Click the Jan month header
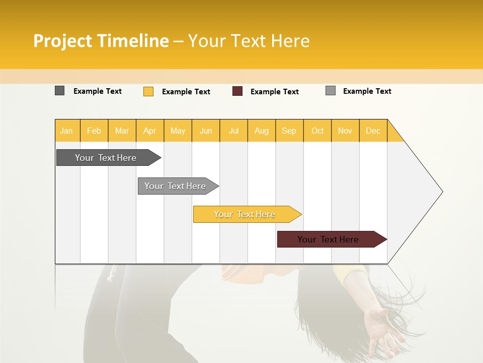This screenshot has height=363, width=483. [66, 131]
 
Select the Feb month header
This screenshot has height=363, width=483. [94, 131]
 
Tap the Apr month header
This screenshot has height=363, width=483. [150, 131]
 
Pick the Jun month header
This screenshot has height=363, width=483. [206, 131]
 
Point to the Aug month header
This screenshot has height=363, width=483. [262, 131]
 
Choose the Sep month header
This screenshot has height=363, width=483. [289, 131]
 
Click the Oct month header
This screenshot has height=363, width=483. [317, 131]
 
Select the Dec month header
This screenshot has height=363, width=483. [373, 131]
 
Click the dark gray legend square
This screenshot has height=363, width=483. [59, 91]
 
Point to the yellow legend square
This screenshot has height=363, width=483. [148, 91]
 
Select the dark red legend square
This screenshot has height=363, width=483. [237, 91]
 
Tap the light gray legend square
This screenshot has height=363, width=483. [330, 91]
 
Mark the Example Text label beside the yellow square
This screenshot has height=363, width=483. [186, 92]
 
